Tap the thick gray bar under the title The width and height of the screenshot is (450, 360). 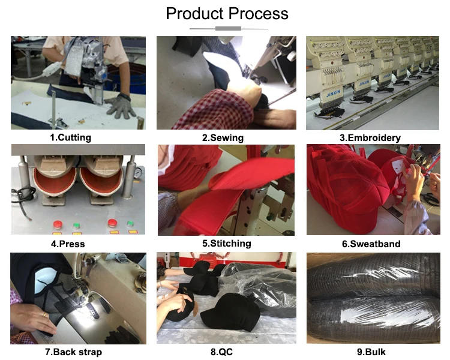click(x=226, y=29)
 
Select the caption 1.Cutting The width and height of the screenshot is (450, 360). click(x=70, y=137)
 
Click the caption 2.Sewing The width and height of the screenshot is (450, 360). click(x=223, y=137)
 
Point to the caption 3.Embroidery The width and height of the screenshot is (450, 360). click(x=370, y=137)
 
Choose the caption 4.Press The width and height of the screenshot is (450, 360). click(x=68, y=244)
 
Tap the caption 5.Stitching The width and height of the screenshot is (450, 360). click(x=226, y=243)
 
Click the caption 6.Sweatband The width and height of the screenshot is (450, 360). click(x=371, y=244)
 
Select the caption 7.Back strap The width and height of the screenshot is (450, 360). click(x=73, y=352)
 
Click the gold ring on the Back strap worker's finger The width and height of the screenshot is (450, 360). click(x=44, y=314)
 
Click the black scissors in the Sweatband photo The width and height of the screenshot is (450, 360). click(x=432, y=199)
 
